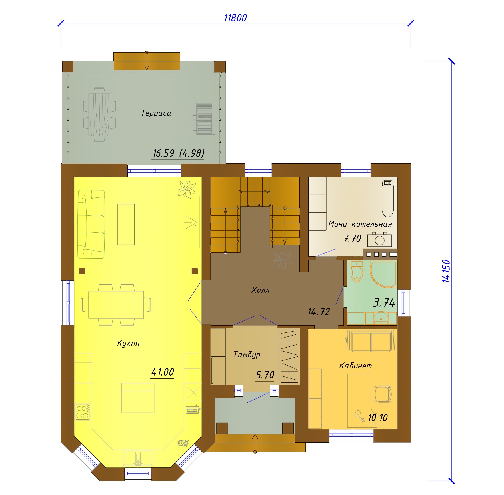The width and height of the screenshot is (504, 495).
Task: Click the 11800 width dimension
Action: point(235,18)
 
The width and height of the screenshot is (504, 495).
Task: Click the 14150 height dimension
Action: point(446,271)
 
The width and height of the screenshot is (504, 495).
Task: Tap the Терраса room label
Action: point(156,113)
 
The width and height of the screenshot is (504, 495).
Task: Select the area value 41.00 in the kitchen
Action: point(162,372)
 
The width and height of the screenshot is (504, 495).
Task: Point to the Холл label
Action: point(260,290)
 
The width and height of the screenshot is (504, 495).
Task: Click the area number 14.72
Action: point(319,312)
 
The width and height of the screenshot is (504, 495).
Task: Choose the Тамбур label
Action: point(247,355)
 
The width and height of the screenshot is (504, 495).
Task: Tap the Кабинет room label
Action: point(355,366)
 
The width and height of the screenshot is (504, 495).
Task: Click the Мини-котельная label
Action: point(360,224)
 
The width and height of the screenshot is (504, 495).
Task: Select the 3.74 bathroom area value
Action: point(384,302)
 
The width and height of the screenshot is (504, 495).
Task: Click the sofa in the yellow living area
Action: point(91,224)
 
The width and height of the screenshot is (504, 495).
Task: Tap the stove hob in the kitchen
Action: point(83,412)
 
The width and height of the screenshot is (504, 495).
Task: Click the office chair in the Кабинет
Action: point(382,394)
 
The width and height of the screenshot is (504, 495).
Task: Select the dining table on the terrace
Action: point(99,115)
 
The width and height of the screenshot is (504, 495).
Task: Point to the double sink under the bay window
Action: point(138,458)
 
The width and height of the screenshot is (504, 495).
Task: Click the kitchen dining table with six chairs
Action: point(116,305)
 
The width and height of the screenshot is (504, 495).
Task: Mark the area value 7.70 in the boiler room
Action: point(352,238)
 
